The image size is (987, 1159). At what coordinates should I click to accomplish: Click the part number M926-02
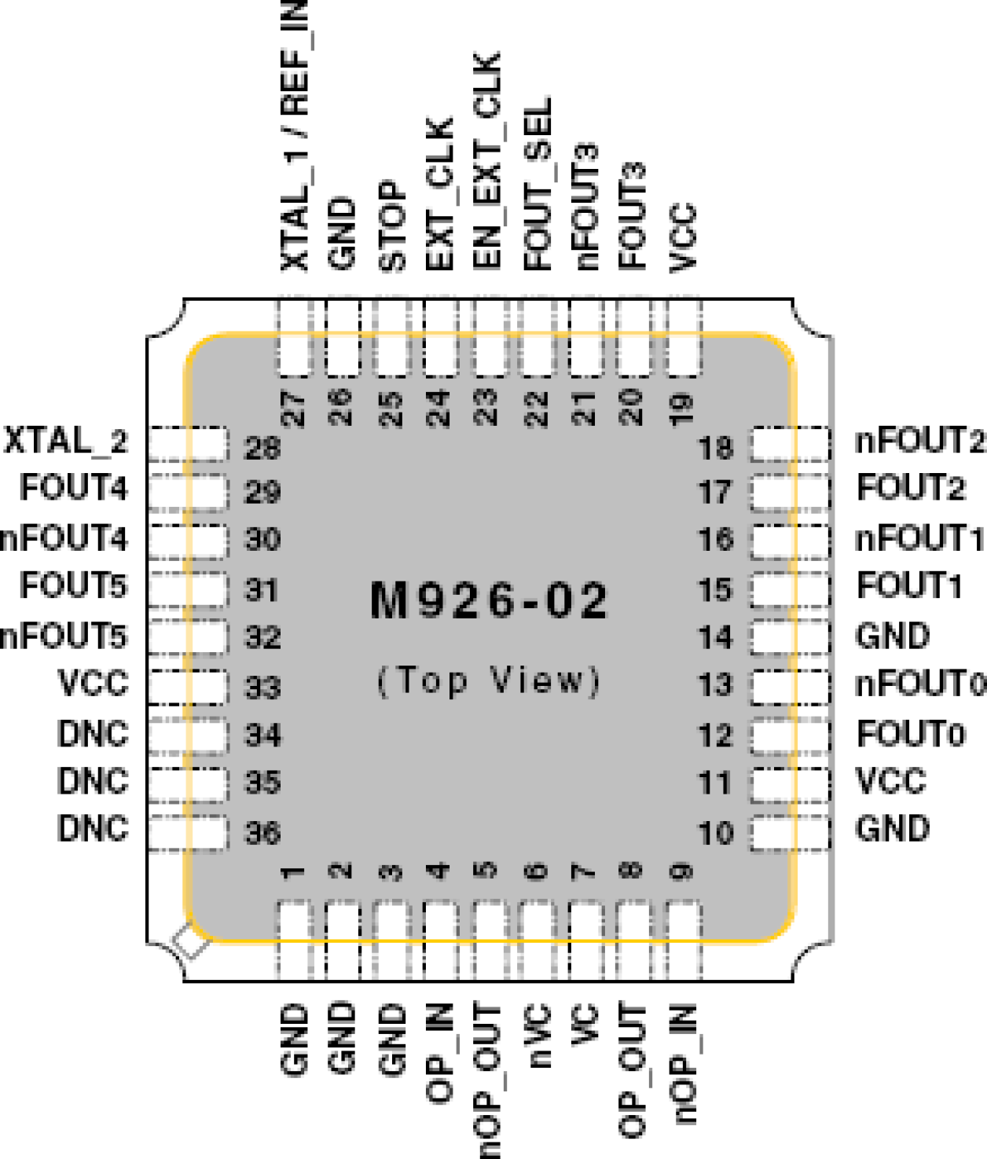pos(488,601)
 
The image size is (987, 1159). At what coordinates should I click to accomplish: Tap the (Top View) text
pos(488,680)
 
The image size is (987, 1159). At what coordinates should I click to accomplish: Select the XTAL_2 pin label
pos(66,442)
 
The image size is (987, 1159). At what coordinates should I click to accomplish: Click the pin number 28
pos(262,448)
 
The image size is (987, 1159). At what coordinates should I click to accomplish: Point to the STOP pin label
pos(392,226)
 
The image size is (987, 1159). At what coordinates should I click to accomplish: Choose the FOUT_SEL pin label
pos(538,185)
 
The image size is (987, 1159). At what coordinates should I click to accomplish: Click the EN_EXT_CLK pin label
pos(487,161)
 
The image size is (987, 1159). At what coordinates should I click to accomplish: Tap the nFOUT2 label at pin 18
pos(919,442)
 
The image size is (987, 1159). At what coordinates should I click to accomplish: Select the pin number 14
pos(715,637)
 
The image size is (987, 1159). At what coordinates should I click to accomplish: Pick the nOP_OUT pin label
pos(488,1080)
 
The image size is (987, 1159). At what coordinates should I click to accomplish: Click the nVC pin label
pos(538,1036)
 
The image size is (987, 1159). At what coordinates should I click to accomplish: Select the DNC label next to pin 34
pos(93,735)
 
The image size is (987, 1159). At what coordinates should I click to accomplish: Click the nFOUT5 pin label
pos(63,636)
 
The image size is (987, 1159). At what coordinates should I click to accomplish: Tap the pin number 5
pos(487,870)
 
